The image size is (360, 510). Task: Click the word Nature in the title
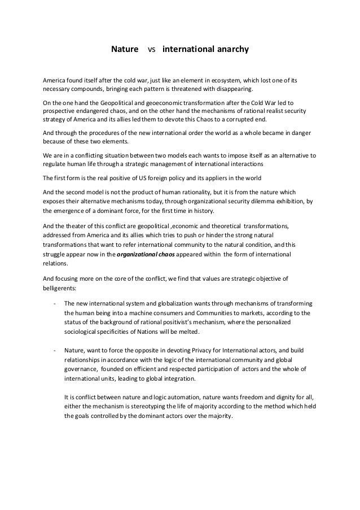(x=124, y=50)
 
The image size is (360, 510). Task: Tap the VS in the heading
(x=151, y=51)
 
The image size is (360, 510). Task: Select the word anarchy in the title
(x=227, y=50)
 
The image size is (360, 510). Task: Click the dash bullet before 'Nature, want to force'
(x=54, y=348)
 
